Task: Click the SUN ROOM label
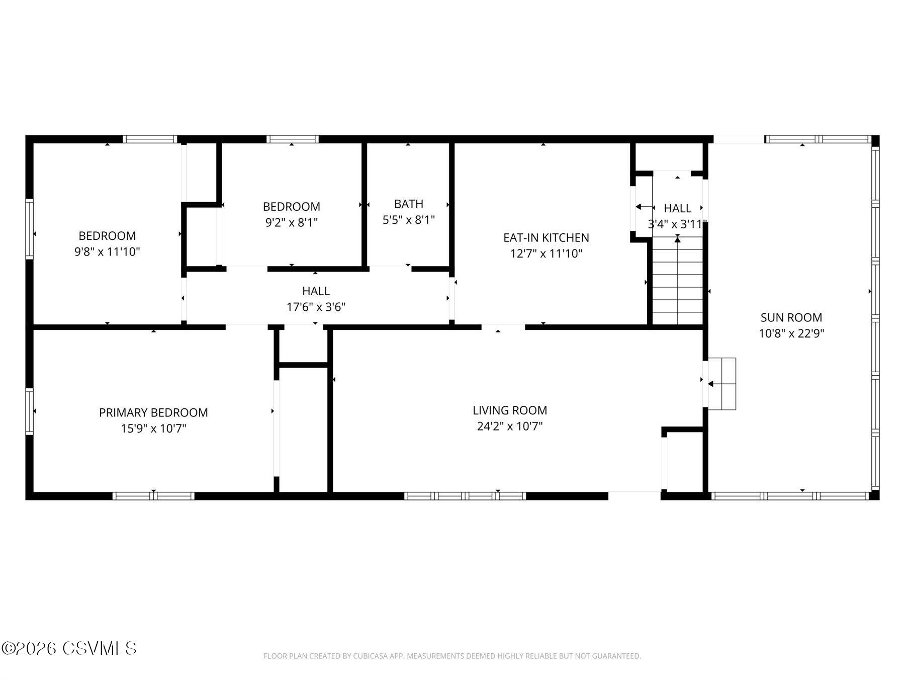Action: tap(791, 317)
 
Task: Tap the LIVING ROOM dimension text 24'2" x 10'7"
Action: tap(509, 427)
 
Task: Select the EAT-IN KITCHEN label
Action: tap(546, 237)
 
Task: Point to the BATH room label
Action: tap(408, 204)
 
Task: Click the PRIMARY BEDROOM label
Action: tap(153, 412)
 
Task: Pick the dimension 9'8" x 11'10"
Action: tap(107, 251)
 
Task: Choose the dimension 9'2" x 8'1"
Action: tap(291, 222)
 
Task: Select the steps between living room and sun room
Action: tap(722, 383)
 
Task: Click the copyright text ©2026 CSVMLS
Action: tap(69, 648)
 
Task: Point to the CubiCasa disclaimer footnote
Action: tap(452, 656)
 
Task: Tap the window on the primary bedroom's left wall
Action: tap(30, 411)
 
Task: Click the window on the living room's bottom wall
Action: tap(465, 496)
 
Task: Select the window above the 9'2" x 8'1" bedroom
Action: tap(292, 139)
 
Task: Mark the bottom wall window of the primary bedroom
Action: tap(153, 496)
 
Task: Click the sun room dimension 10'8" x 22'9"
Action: tap(791, 333)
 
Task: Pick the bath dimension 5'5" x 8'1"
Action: tap(408, 220)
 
